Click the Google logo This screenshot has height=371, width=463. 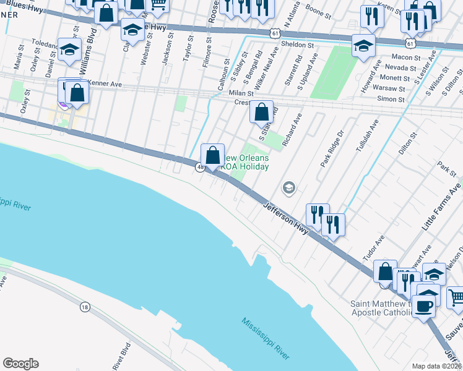coord(20,364)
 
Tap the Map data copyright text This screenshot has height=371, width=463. coord(437,366)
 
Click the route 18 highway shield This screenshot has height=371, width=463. coord(85,306)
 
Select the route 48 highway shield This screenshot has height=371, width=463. coord(200,167)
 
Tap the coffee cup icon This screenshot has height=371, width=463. coord(424,305)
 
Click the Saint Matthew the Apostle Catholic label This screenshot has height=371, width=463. coord(381,308)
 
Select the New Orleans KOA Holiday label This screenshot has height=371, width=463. coord(244,163)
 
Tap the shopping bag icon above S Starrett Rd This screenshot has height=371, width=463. coord(262,112)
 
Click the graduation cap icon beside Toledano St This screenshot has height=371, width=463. coord(69,49)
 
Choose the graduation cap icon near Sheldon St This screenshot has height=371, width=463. coord(363,45)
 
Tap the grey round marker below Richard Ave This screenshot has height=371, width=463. coord(288,187)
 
